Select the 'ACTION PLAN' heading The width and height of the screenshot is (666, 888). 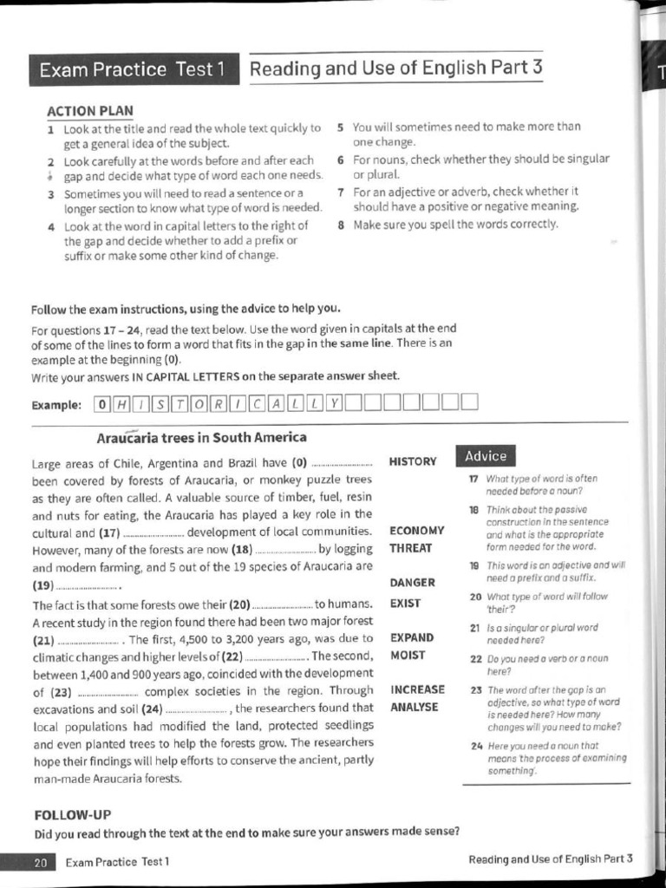click(x=90, y=110)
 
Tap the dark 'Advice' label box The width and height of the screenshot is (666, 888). click(x=486, y=456)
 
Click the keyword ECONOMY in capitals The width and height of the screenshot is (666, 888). click(x=417, y=531)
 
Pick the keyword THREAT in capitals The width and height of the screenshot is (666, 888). click(x=411, y=548)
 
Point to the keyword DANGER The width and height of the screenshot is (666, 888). click(x=413, y=583)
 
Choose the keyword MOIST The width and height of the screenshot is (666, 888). click(x=408, y=656)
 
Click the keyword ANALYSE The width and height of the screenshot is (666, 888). click(x=415, y=708)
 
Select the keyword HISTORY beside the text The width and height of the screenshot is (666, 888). click(x=414, y=462)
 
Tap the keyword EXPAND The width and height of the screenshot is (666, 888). click(x=412, y=638)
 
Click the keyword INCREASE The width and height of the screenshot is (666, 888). click(x=418, y=690)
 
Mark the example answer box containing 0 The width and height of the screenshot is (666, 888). click(x=102, y=403)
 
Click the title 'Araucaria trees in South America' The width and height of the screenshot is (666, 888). click(x=201, y=437)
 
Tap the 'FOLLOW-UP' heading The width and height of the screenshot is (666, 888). click(x=72, y=815)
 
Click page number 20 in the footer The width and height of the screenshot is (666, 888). click(x=41, y=862)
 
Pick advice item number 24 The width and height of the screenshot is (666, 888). click(x=475, y=746)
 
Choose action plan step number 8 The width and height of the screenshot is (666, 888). click(x=341, y=224)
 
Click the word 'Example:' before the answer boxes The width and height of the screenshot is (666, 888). click(x=56, y=405)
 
